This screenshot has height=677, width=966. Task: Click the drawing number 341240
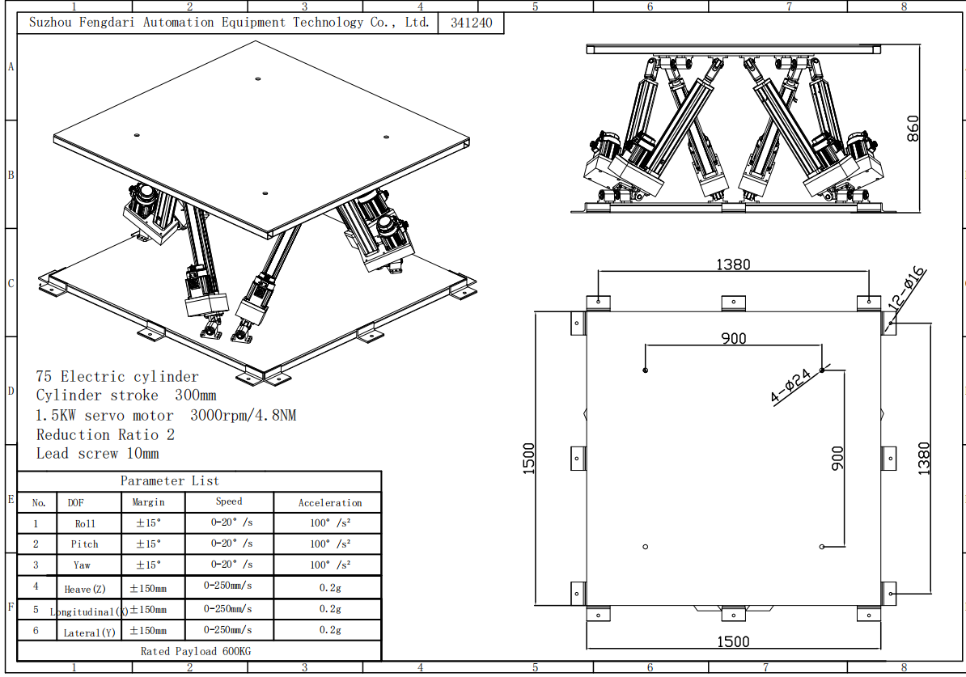(x=471, y=23)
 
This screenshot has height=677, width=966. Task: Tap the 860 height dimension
(x=913, y=129)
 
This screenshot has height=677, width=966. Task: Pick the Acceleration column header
(x=330, y=502)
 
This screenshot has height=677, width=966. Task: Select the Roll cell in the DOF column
(x=85, y=523)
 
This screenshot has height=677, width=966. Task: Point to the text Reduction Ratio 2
(x=105, y=434)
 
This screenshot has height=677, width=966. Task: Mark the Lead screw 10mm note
(x=97, y=454)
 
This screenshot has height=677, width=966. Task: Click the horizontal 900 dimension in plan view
(x=733, y=339)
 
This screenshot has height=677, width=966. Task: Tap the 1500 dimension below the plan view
(x=733, y=642)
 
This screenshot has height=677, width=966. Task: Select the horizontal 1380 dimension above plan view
(x=733, y=264)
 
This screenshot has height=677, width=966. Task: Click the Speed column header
(x=229, y=501)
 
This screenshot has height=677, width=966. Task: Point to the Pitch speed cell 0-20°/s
(x=231, y=544)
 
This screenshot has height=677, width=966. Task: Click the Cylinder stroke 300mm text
(x=126, y=396)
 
